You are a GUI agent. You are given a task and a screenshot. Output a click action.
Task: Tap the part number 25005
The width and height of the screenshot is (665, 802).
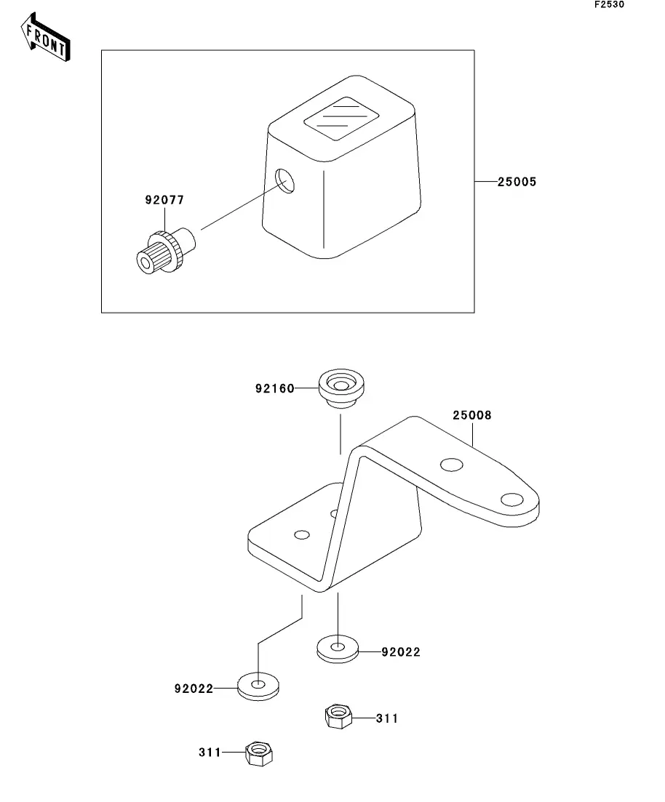pyautogui.click(x=517, y=182)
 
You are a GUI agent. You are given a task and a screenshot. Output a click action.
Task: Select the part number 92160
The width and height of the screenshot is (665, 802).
pyautogui.click(x=274, y=388)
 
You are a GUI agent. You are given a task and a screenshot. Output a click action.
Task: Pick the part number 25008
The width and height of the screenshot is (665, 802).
pyautogui.click(x=471, y=415)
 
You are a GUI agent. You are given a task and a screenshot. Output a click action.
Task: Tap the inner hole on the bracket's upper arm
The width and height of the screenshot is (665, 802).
pyautogui.click(x=451, y=464)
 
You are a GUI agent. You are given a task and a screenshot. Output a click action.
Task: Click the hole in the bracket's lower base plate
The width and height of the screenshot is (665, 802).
pyautogui.click(x=302, y=536)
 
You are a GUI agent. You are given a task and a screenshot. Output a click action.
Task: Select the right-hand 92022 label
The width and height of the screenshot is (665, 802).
pyautogui.click(x=400, y=652)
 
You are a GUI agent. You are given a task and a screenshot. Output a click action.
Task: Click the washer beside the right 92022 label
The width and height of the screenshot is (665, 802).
pyautogui.click(x=338, y=646)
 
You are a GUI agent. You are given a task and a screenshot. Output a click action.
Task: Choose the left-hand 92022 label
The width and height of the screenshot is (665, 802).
pyautogui.click(x=194, y=688)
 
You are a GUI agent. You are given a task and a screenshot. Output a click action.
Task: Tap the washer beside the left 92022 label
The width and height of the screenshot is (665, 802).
pyautogui.click(x=259, y=684)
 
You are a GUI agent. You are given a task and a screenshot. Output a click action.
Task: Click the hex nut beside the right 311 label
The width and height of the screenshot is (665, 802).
pyautogui.click(x=337, y=715)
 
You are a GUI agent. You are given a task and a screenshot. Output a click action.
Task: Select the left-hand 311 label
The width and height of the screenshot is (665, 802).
pyautogui.click(x=210, y=753)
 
